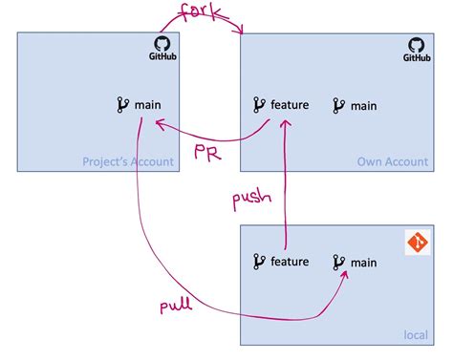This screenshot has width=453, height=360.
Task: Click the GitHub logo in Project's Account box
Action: [x=163, y=49]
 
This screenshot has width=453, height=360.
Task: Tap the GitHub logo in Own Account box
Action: [x=417, y=49]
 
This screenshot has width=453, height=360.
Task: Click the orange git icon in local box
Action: [x=418, y=242]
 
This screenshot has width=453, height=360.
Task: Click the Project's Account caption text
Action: [x=129, y=161]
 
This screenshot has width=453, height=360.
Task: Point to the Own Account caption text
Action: [x=390, y=161]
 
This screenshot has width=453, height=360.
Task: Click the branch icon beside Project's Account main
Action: [x=121, y=104]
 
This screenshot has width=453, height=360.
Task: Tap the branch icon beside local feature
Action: [x=258, y=261]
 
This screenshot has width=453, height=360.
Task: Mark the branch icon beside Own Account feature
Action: [x=258, y=104]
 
